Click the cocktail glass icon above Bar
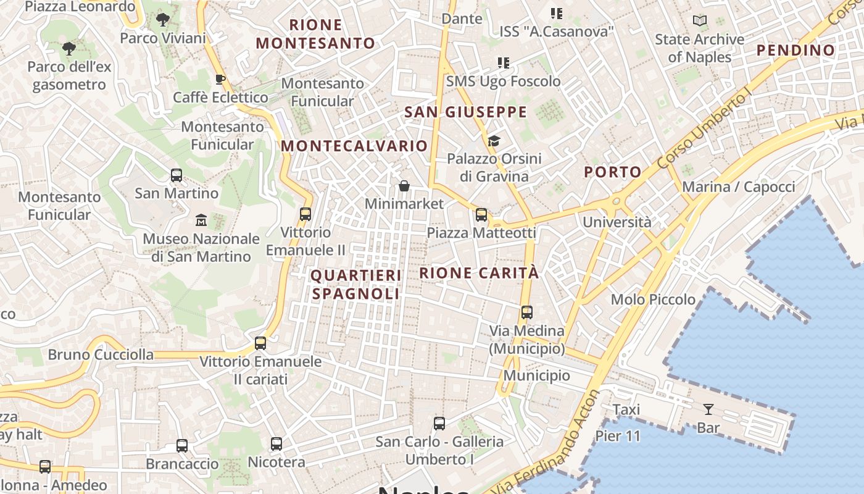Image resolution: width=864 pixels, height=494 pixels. (x=708, y=409)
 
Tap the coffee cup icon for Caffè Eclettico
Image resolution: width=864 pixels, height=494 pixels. (x=220, y=79)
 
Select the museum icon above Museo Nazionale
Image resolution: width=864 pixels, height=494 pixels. (x=201, y=220)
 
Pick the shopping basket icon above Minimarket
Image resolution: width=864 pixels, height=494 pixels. (x=404, y=185)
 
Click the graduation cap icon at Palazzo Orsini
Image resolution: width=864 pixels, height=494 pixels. (x=494, y=141)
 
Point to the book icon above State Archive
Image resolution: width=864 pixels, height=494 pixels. (x=699, y=21)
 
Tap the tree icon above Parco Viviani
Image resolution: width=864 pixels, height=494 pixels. (x=163, y=20)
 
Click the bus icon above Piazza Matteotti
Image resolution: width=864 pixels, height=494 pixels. (x=481, y=215)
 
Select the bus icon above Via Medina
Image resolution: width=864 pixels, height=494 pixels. (x=526, y=312)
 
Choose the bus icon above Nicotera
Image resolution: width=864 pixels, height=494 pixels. (x=276, y=443)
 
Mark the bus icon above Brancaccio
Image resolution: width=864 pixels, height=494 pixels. (x=182, y=445)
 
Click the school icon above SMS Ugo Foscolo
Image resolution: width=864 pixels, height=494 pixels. (x=504, y=63)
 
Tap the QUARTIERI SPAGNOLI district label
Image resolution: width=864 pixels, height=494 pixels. (x=355, y=284)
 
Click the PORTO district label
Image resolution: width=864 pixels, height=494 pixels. (x=613, y=172)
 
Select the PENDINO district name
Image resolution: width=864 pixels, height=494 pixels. (x=796, y=50)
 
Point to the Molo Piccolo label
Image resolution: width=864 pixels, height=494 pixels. (x=653, y=299)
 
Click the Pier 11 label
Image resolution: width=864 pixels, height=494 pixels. (x=618, y=436)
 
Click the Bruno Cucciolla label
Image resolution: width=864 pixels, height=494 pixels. (x=101, y=354)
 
